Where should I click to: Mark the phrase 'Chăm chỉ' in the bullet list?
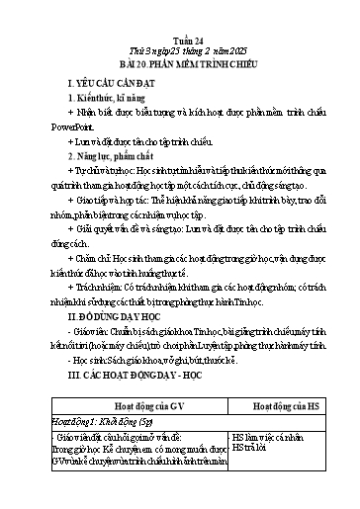(88, 219)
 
